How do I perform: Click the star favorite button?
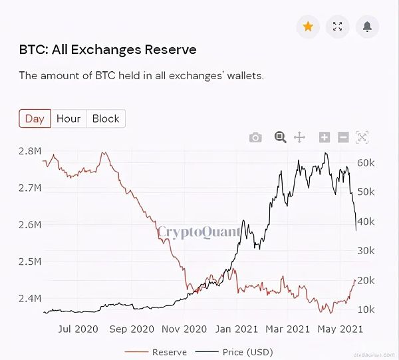[x=308, y=27]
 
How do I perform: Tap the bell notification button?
[x=367, y=27]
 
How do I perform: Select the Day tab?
[x=35, y=118]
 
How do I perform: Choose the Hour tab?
[x=68, y=118]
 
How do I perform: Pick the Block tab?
[x=106, y=118]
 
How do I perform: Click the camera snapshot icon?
[x=255, y=137]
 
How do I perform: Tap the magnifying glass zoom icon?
[x=280, y=137]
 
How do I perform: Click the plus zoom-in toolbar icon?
[x=325, y=137]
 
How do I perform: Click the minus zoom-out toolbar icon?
[x=343, y=137]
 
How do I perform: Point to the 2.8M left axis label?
[x=31, y=151]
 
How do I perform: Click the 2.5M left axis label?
[x=31, y=262]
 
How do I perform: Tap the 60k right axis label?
[x=367, y=162]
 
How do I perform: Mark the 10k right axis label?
[x=367, y=309]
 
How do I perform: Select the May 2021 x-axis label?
[x=339, y=329]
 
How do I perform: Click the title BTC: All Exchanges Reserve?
[x=108, y=49]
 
